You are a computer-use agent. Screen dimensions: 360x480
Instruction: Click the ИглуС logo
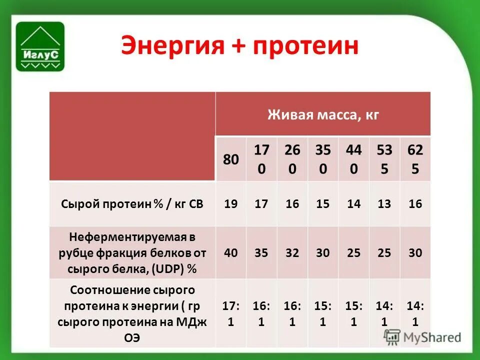coord(40,46)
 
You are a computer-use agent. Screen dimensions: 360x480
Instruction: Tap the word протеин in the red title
coord(305,46)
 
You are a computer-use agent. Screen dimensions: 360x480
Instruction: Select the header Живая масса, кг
coord(323,115)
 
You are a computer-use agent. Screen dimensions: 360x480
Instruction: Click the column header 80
coord(231,159)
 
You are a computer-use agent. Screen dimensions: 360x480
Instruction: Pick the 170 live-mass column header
coord(261,159)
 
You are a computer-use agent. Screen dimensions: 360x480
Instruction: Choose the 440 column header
coord(353,159)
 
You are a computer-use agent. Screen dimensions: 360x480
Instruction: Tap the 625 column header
coord(415,159)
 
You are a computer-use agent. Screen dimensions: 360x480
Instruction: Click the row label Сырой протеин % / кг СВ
coord(132,204)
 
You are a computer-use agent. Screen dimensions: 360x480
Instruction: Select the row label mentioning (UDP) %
coord(132,252)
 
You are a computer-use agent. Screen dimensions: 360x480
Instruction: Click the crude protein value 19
coord(231,204)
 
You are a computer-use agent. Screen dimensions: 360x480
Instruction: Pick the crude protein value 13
coord(384,204)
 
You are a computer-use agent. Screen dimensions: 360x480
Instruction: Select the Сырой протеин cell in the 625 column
coord(415,204)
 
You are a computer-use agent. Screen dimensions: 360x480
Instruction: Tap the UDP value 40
coord(231,252)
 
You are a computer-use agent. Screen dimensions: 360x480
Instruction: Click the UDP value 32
coord(292,252)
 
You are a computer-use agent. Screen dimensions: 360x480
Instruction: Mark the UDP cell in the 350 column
coord(323,252)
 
